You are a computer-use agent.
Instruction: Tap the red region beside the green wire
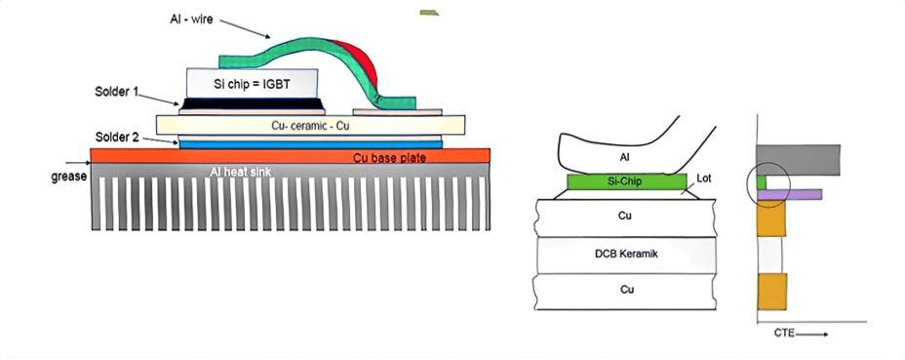click(358, 66)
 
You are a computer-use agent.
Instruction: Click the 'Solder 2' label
click(119, 136)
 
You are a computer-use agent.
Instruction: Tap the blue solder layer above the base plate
click(310, 143)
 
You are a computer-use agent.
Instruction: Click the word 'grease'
click(67, 177)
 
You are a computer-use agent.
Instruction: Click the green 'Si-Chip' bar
click(625, 181)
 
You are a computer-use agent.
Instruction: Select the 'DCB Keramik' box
click(625, 254)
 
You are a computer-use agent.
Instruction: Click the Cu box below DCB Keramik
click(625, 291)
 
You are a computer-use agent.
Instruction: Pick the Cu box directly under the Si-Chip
click(625, 215)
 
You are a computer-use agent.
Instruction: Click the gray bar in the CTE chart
click(798, 159)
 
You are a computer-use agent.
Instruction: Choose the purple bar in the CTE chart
click(789, 195)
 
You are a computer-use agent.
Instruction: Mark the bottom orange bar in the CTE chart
click(771, 291)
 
